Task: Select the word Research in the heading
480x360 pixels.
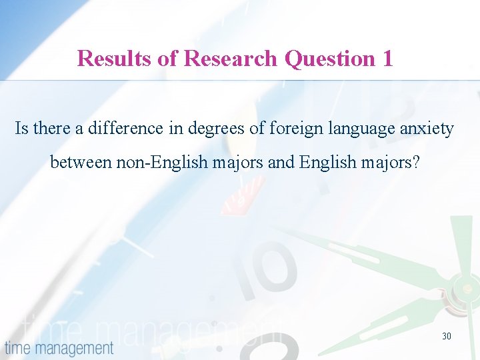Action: [230, 59]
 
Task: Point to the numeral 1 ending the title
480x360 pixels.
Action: [387, 59]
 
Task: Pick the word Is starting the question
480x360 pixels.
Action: [22, 128]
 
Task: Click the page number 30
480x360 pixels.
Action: [446, 336]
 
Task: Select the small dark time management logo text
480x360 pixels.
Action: [59, 347]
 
